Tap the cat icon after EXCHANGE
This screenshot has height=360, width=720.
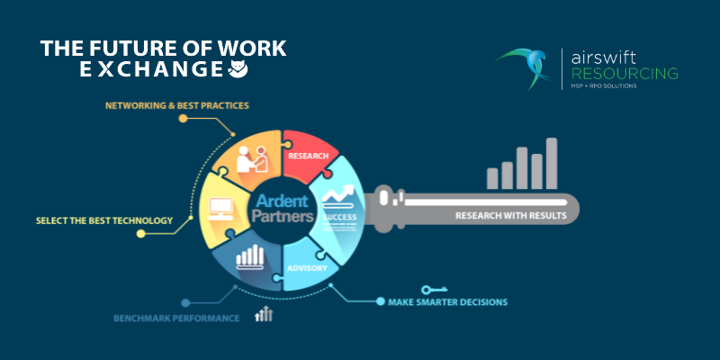[x=237, y=68]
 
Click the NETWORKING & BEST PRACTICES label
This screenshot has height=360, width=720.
[x=176, y=105]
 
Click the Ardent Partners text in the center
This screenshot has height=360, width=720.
[x=283, y=208]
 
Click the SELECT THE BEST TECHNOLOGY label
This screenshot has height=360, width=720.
[x=103, y=220]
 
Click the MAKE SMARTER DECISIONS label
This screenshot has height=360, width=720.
[x=448, y=301]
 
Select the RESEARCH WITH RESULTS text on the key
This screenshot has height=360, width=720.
[x=510, y=216]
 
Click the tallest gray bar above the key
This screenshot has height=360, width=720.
[x=552, y=163]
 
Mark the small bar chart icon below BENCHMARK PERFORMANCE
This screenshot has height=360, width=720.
[x=264, y=314]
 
